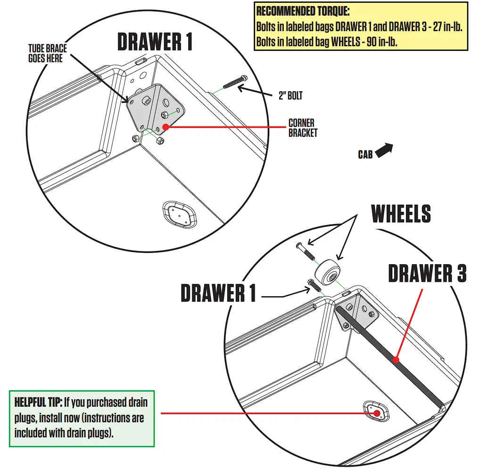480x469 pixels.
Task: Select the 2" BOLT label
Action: click(x=290, y=96)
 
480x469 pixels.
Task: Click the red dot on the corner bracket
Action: click(x=166, y=126)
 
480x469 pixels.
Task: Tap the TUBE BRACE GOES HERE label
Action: click(x=47, y=53)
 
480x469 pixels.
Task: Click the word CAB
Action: click(x=365, y=155)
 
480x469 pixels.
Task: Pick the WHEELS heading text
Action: click(x=401, y=214)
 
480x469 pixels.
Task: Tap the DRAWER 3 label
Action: click(x=427, y=274)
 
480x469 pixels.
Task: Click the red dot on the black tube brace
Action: click(x=396, y=360)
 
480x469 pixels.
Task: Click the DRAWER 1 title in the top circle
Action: click(x=155, y=42)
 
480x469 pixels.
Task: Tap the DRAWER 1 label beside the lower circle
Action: click(x=218, y=293)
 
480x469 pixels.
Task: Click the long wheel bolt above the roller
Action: click(x=305, y=251)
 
